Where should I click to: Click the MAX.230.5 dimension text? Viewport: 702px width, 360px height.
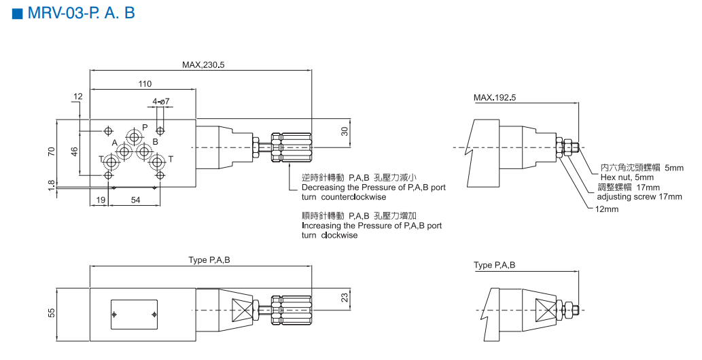point(203,65)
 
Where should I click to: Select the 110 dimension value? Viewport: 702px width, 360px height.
point(145,84)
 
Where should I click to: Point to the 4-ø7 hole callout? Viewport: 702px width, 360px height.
point(161,102)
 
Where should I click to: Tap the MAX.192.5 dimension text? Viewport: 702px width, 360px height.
point(495,97)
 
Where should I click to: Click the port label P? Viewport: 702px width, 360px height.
point(145,127)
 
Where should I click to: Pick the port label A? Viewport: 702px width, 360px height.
point(115,142)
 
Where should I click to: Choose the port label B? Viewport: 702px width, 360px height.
point(155,141)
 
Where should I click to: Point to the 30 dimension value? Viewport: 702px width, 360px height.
point(345,132)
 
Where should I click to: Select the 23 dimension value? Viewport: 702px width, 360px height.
point(345,297)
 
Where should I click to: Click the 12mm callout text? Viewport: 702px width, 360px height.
point(607,209)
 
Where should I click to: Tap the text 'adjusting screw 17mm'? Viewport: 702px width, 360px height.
point(639,197)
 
